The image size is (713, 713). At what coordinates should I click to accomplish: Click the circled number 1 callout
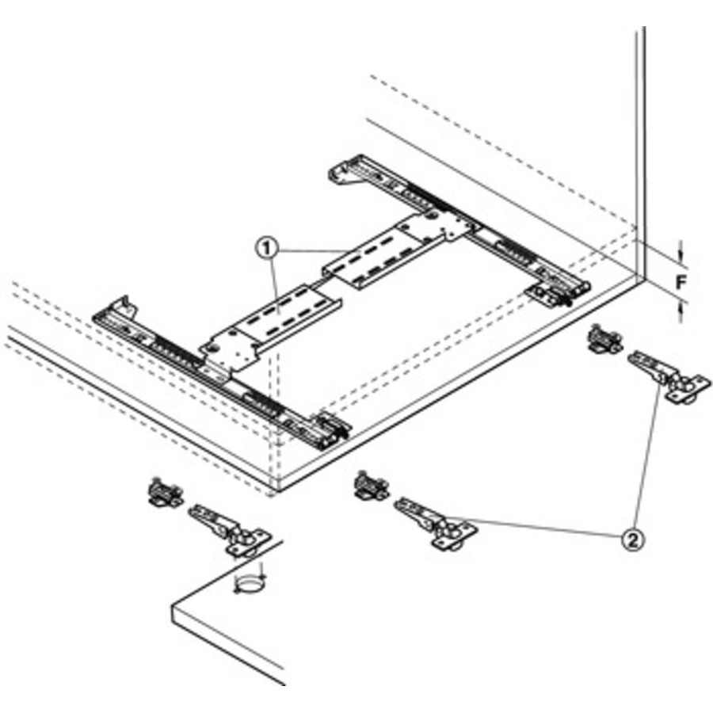(x=266, y=248)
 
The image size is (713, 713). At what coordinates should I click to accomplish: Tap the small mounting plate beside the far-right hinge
(x=604, y=340)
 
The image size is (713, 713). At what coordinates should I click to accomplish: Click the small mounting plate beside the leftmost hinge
(x=165, y=493)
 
